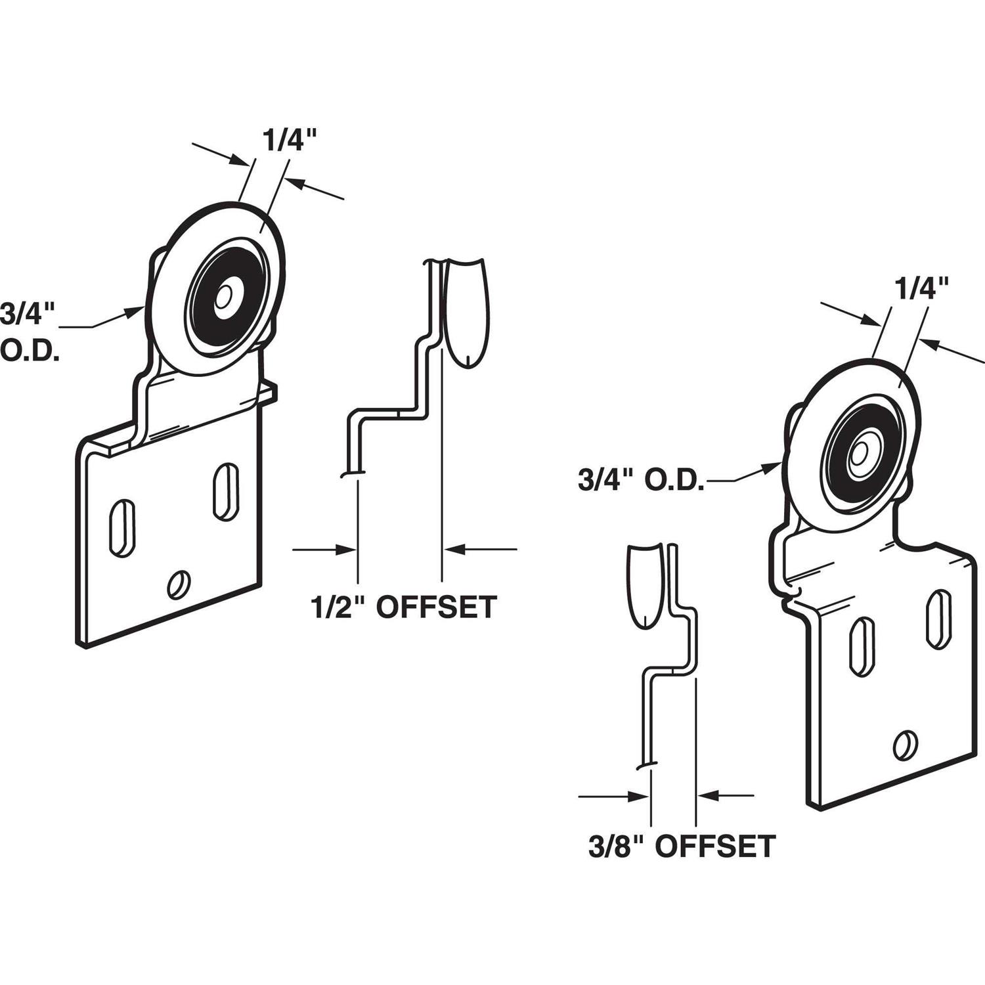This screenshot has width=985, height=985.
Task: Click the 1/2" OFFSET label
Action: [403, 607]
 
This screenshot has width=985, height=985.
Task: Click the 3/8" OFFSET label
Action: [682, 846]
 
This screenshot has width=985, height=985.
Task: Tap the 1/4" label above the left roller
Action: [290, 141]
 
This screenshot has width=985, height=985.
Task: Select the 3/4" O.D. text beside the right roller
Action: [641, 481]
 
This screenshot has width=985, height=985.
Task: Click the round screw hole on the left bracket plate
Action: [179, 584]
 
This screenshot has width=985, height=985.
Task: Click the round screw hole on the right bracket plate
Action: [905, 744]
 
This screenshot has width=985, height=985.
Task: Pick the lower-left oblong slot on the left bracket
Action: [122, 529]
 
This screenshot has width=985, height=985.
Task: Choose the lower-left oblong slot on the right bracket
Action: [862, 647]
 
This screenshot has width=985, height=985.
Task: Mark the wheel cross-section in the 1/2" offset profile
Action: [466, 312]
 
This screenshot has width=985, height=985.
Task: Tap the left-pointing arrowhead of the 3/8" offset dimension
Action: [706, 796]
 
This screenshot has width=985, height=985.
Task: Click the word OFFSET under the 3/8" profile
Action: [716, 846]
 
